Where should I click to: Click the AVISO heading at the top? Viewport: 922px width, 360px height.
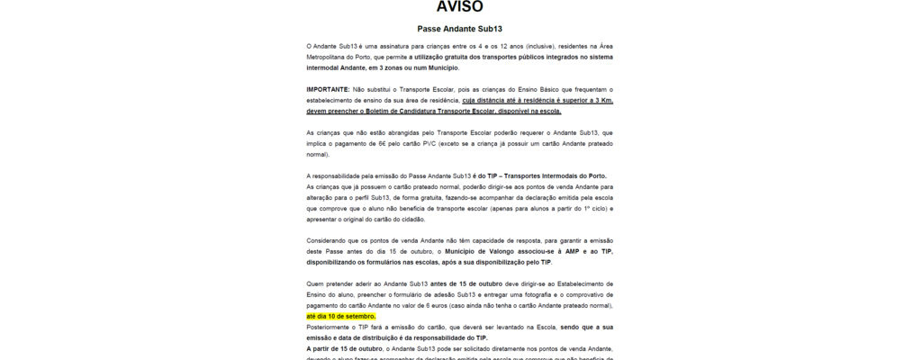point(460,7)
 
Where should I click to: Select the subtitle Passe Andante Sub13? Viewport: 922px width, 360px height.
point(460,29)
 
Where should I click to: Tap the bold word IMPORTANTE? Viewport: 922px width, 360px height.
point(329,90)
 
